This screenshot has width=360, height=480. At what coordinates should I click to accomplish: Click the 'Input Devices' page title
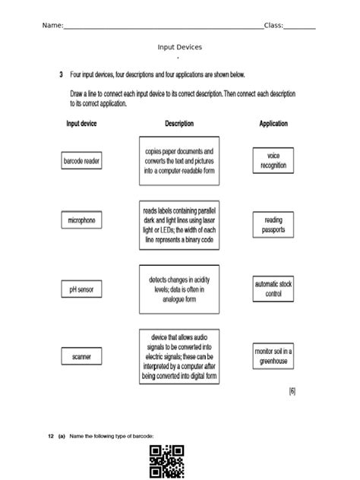pos(179,47)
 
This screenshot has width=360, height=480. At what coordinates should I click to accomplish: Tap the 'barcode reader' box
pos(81,162)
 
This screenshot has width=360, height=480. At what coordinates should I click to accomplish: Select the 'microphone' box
pos(81,220)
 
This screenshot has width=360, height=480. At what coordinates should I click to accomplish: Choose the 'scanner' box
pos(81,355)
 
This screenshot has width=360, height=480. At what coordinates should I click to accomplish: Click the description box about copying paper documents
pos(179,161)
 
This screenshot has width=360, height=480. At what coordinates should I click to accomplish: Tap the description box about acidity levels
pos(179,289)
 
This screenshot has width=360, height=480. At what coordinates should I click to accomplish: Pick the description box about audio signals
pos(179,355)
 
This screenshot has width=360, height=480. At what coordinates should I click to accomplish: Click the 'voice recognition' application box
pos(273,161)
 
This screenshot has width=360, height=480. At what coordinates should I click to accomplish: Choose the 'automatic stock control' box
pos(273,289)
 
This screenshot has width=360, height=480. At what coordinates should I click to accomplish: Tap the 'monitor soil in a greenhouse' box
pos(273,355)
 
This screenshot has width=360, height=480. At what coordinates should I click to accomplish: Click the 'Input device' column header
pos(81,123)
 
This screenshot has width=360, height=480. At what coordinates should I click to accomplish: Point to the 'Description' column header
pos(179,123)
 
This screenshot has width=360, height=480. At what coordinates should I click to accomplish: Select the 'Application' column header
pos(273,123)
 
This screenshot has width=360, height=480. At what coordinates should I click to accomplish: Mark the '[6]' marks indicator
pos(292,391)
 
